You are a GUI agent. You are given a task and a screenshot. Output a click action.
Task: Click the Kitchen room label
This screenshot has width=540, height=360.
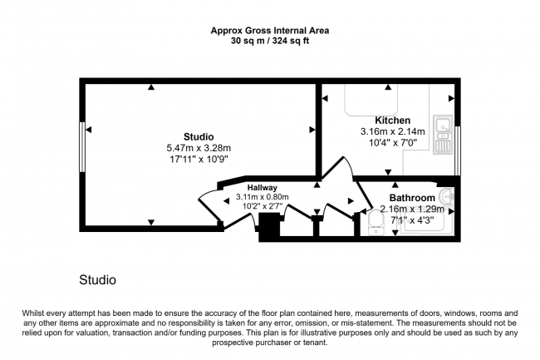392,119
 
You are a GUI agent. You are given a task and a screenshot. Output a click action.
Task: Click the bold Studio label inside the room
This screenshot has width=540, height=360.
199,136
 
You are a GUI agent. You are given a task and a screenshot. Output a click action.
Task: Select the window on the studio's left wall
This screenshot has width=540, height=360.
82,147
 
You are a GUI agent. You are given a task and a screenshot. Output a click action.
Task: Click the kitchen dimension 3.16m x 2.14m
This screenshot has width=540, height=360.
392,131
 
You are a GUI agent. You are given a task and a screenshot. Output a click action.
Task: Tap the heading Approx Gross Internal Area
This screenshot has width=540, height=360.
269,31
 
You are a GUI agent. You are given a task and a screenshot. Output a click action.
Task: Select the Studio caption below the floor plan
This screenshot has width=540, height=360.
97,280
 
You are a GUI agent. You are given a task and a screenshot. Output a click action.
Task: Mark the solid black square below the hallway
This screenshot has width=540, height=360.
269,227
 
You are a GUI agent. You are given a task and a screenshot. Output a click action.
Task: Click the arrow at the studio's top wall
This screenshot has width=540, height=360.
150,87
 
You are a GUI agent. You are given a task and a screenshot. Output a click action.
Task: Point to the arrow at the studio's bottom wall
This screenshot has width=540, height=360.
150,222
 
